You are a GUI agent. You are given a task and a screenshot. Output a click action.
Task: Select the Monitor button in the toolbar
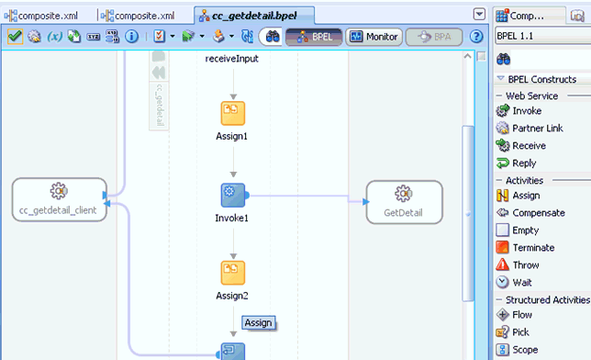(x=375, y=37)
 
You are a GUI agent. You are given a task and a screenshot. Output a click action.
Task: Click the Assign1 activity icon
(x=233, y=112)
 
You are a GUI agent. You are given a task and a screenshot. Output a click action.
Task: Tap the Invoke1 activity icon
(x=233, y=195)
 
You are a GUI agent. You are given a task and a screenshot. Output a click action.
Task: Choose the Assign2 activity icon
(x=233, y=273)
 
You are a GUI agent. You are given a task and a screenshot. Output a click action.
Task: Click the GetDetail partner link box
(x=403, y=199)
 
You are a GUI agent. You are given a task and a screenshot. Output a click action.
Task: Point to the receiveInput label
(x=232, y=59)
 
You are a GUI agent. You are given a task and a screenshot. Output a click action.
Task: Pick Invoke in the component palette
(x=527, y=111)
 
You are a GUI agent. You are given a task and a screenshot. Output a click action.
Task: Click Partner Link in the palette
(x=537, y=129)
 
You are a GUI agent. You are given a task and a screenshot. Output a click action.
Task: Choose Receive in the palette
(x=529, y=146)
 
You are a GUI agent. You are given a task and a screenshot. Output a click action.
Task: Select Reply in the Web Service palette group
(x=524, y=163)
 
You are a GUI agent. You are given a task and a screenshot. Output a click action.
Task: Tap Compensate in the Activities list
(x=538, y=213)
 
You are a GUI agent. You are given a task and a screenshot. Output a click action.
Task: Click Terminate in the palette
(x=532, y=248)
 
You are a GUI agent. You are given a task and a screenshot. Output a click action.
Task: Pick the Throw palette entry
(x=526, y=265)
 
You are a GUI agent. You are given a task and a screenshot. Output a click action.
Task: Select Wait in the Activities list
(x=522, y=283)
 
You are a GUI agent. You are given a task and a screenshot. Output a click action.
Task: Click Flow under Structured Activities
(x=522, y=315)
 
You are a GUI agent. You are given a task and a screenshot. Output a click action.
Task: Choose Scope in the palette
(x=526, y=350)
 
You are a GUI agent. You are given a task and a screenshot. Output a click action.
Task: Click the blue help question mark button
(x=476, y=37)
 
